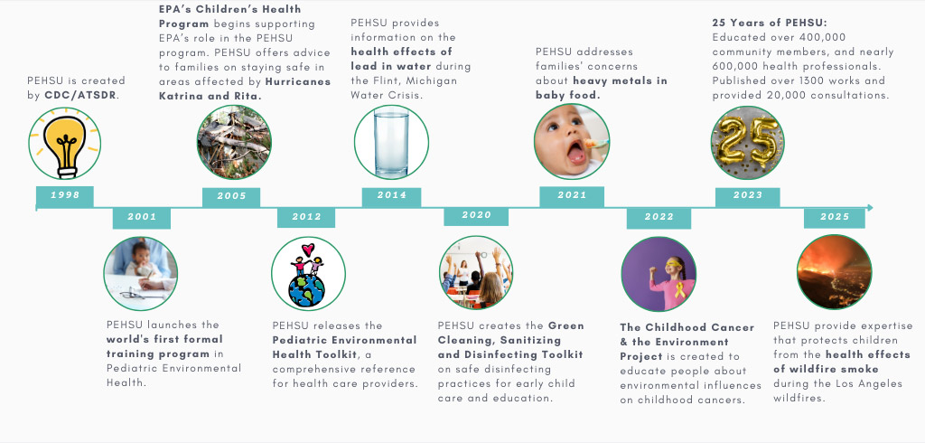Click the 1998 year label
click(64, 196)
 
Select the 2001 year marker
click(142, 217)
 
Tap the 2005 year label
click(231, 196)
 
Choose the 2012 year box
click(306, 217)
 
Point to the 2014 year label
click(391, 196)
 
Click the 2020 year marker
click(476, 216)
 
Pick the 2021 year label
click(572, 196)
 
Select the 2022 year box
click(659, 217)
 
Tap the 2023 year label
click(749, 196)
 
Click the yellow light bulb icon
click(65, 143)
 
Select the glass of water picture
click(391, 142)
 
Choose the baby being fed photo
click(571, 142)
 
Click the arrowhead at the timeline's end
click(869, 208)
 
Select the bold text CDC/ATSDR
click(83, 96)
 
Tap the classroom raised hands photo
click(476, 273)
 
